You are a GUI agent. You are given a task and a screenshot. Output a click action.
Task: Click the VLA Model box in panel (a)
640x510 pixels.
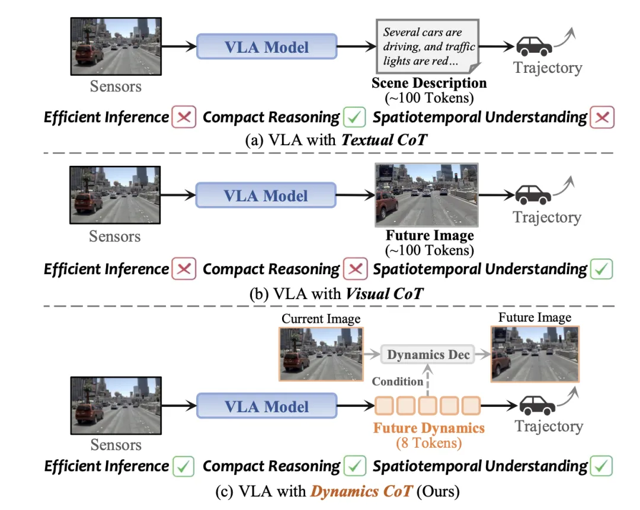(267, 47)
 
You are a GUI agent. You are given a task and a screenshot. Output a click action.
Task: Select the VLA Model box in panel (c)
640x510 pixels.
(267, 406)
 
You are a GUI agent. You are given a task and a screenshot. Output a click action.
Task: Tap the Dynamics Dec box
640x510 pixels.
(428, 354)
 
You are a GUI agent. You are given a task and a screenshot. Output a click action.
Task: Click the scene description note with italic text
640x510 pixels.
(428, 46)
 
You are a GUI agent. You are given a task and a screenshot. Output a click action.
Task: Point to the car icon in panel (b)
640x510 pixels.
(533, 195)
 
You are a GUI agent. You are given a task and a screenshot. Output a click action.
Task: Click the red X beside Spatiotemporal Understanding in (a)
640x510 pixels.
(602, 117)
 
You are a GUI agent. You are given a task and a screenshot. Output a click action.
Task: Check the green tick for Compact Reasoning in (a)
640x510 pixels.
(354, 117)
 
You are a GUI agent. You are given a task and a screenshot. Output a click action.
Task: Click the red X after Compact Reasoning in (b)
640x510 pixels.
(355, 270)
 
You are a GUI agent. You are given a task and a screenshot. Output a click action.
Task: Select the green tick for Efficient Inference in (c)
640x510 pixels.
(183, 466)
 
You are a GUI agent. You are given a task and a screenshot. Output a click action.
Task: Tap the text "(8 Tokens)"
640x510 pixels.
(429, 443)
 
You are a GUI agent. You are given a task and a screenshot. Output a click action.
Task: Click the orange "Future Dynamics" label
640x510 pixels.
(429, 428)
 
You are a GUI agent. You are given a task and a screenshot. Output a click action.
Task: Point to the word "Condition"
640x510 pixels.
(397, 381)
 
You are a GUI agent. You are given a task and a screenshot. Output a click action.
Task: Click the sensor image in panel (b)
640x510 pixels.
(115, 195)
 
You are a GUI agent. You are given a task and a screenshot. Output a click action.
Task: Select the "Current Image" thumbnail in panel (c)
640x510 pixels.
(321, 354)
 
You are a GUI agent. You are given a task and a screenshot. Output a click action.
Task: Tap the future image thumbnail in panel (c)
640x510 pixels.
(535, 354)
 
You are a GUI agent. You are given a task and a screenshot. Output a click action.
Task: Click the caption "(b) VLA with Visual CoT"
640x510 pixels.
(337, 294)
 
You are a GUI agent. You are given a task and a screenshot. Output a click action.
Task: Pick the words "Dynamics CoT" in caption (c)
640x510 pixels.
(361, 491)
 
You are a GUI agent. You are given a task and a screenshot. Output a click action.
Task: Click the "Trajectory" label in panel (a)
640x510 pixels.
(548, 68)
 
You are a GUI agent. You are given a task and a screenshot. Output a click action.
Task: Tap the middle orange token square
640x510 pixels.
(427, 406)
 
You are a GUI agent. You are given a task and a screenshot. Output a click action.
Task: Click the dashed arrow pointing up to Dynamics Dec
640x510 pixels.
(428, 380)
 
